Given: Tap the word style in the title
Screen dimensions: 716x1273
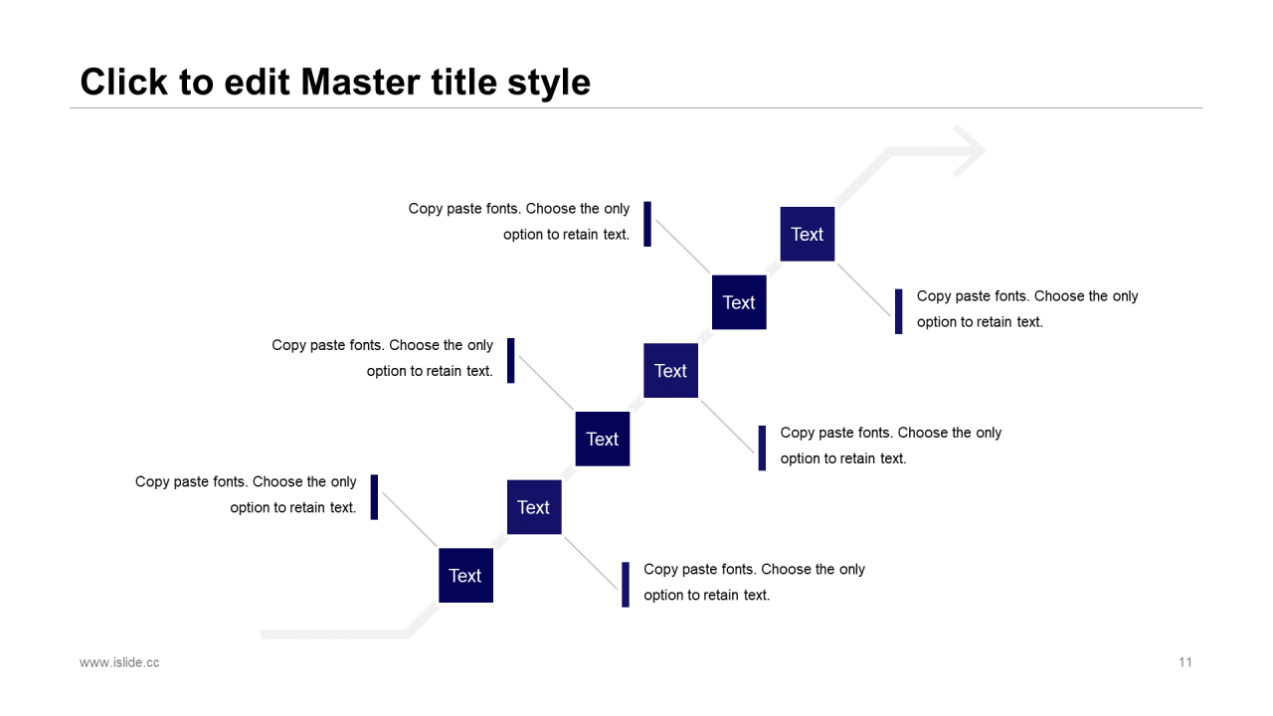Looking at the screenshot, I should coord(549,82).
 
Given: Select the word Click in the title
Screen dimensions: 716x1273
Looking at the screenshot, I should coord(123,82).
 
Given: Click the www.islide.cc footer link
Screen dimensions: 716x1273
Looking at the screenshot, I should coord(119,662).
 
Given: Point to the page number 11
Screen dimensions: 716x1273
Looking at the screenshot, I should coord(1184,662).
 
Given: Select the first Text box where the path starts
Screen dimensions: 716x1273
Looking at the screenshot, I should coord(465,576).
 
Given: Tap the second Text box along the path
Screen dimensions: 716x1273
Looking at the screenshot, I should coord(534,507).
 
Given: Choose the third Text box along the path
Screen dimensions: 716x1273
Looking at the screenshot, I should coord(603,439).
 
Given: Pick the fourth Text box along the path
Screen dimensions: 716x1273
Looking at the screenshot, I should coord(670,371).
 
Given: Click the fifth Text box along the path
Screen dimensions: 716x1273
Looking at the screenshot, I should coord(739,302).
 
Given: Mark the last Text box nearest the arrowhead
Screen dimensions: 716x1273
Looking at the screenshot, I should coord(807,235).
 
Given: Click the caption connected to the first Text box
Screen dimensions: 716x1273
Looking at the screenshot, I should coord(246,494).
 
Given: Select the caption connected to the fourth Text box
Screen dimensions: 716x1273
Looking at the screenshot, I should coord(890,446).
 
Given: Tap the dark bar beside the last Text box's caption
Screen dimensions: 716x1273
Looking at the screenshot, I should coord(898,311).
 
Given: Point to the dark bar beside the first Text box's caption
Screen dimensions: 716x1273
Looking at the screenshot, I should coord(375,497).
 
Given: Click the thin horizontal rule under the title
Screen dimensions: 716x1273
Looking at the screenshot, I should coord(636,107).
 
